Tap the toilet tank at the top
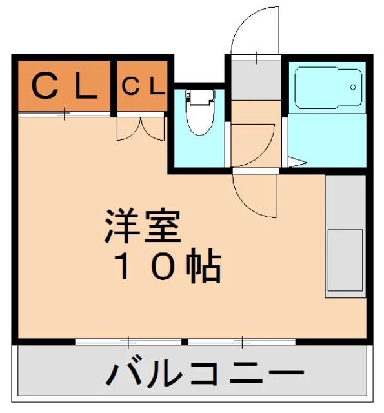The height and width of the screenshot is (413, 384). click(x=199, y=97)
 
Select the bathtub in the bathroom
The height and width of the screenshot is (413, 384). click(x=328, y=88)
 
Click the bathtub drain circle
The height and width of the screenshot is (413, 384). click(x=353, y=87)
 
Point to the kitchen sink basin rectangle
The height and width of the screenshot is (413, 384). click(x=345, y=260)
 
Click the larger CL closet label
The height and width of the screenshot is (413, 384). click(x=65, y=86)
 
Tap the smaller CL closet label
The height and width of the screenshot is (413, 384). click(x=143, y=86)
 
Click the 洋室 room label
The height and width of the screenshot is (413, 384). click(x=143, y=226)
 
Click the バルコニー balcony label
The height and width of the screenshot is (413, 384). click(x=205, y=374)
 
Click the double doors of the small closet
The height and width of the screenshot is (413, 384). click(x=141, y=128)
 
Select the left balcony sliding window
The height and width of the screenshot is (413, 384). click(x=128, y=342)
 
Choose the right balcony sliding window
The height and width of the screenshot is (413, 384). click(x=242, y=342)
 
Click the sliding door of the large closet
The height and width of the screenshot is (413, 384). click(x=65, y=114)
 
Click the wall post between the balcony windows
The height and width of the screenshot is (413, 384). click(x=185, y=342)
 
